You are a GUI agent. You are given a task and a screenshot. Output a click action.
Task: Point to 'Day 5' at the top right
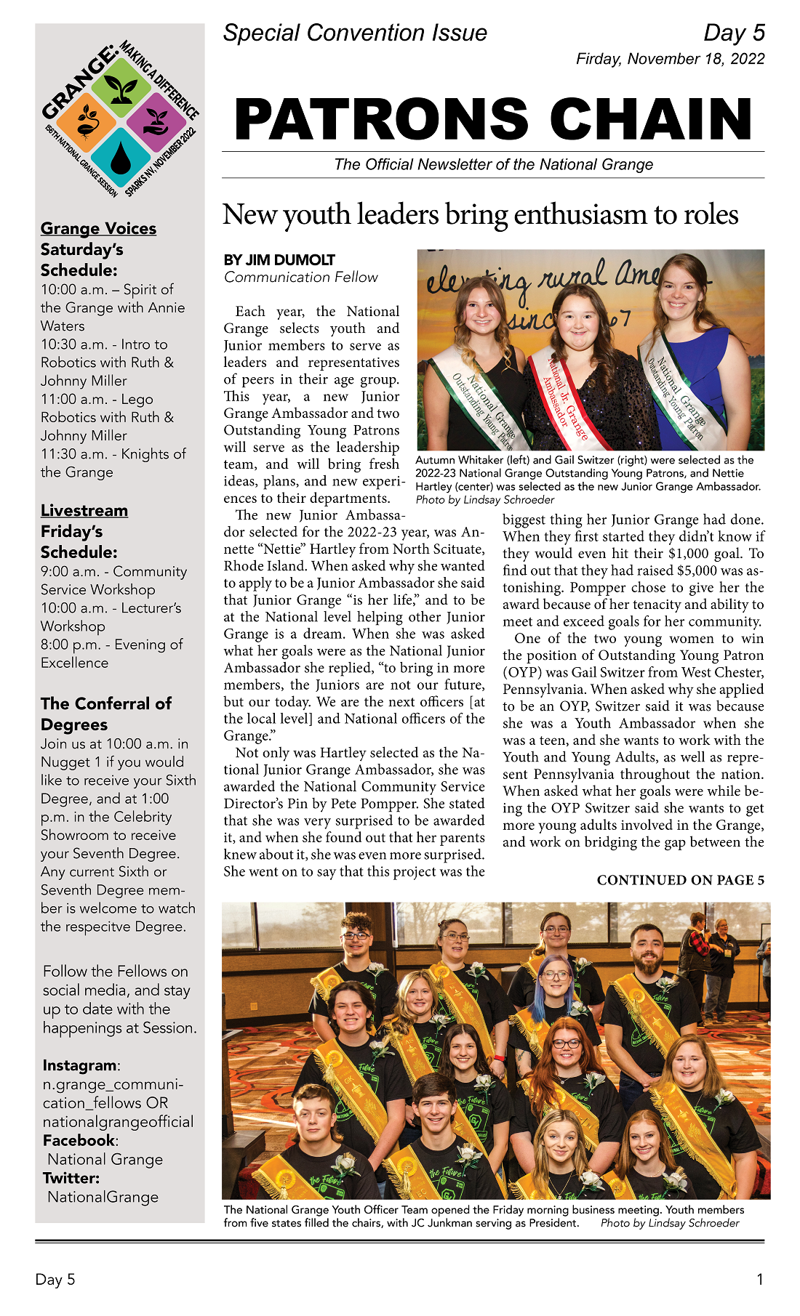pyautogui.click(x=734, y=33)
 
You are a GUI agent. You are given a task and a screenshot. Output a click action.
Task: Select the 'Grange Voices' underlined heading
pyautogui.click(x=98, y=228)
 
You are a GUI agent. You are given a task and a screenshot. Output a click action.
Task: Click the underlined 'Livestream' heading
pyautogui.click(x=84, y=510)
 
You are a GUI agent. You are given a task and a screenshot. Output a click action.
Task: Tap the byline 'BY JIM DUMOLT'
pyautogui.click(x=279, y=259)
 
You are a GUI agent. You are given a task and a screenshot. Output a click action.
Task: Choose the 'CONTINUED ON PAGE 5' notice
pyautogui.click(x=680, y=880)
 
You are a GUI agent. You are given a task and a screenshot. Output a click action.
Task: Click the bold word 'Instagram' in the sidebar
pyautogui.click(x=79, y=1065)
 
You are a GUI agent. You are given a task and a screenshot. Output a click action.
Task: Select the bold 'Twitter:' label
pyautogui.click(x=71, y=1178)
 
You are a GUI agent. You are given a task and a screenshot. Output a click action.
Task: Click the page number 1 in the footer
pyautogui.click(x=760, y=1280)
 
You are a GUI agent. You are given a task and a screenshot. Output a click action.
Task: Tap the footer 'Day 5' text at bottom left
pyautogui.click(x=55, y=1280)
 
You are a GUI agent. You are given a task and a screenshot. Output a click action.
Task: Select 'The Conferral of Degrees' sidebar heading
pyautogui.click(x=106, y=714)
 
